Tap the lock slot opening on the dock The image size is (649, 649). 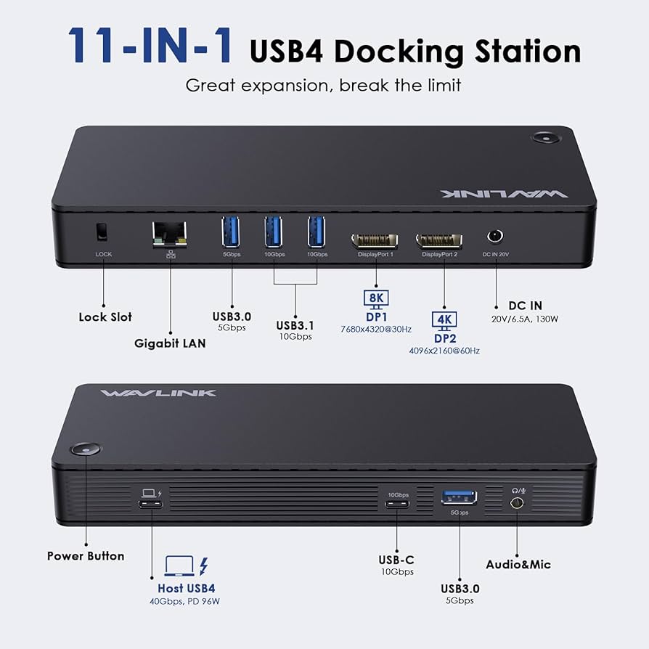click(102, 232)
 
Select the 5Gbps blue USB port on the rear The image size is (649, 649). click(231, 231)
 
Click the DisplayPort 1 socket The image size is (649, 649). click(375, 240)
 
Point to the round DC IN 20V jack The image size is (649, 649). click(496, 237)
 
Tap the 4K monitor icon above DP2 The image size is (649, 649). click(444, 320)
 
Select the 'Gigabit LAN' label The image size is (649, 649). click(170, 343)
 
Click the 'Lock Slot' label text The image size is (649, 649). click(105, 317)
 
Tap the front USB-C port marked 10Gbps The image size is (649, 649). click(397, 507)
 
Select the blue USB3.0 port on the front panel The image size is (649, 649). click(459, 497)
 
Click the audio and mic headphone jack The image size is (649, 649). click(518, 503)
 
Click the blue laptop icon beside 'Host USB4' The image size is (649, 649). click(179, 565)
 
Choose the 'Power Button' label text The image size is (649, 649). click(86, 556)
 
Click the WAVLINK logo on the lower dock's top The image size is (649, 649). click(158, 393)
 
